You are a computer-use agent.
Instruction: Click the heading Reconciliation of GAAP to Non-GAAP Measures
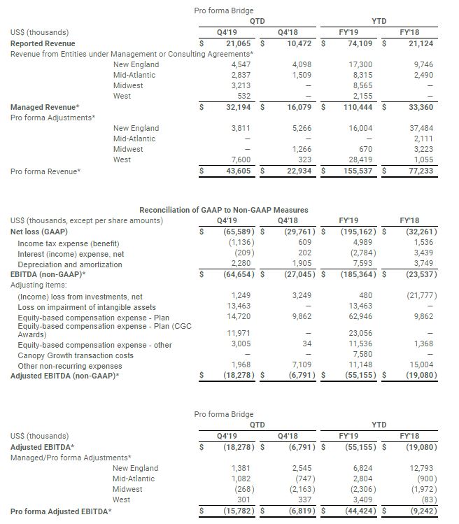[224, 210]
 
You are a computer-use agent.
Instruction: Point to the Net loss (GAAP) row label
[43, 232]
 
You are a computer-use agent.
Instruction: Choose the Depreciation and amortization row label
[69, 264]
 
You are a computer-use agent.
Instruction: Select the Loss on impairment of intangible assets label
[87, 307]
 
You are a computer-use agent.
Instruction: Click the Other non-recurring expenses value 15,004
[425, 365]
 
